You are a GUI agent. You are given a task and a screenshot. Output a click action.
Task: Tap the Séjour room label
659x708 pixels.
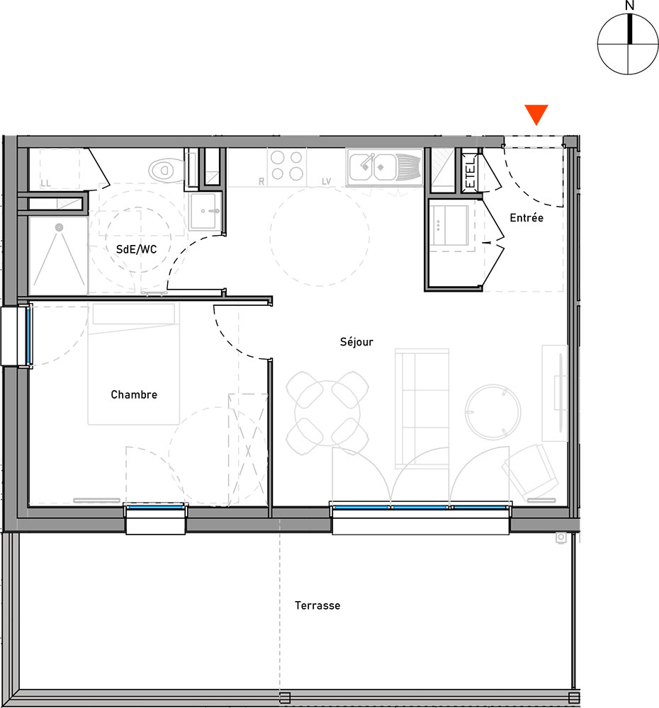click(x=356, y=342)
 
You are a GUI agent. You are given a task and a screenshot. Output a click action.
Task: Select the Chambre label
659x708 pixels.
click(x=134, y=394)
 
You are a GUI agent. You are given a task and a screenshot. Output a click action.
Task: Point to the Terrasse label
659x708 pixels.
click(x=317, y=605)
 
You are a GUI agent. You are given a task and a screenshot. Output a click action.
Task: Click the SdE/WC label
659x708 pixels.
click(x=137, y=249)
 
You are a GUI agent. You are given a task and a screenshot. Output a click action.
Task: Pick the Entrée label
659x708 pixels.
click(x=526, y=217)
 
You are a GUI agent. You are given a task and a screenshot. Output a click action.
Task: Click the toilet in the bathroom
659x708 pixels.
click(x=167, y=170)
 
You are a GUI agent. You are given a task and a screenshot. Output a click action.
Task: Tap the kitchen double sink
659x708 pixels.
click(x=384, y=167)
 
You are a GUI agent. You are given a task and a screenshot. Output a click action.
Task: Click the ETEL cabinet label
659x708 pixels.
click(x=470, y=171)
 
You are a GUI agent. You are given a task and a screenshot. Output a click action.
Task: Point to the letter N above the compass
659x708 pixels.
click(x=630, y=6)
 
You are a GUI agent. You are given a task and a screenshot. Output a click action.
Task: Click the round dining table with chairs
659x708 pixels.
click(x=327, y=413)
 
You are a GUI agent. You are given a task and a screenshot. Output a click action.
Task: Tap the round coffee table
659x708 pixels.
click(x=492, y=412)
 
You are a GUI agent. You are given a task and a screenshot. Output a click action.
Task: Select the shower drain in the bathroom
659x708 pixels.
click(x=60, y=227)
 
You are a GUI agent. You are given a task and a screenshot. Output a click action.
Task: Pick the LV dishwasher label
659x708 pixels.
click(x=327, y=181)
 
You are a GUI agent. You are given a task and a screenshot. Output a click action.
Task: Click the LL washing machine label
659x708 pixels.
click(x=45, y=183)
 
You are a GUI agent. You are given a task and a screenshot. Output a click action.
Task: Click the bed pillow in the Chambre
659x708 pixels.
click(x=133, y=314)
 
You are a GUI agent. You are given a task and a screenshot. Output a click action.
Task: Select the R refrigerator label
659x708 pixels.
click(x=261, y=181)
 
